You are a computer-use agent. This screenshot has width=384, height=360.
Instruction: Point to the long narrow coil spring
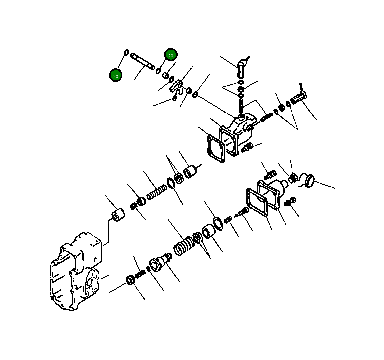[x=157, y=192]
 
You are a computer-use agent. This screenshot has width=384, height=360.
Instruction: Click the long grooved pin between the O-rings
[x=143, y=61]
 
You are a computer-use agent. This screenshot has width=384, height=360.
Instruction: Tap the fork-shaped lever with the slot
[x=177, y=87]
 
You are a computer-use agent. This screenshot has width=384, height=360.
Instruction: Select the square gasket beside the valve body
[x=216, y=149]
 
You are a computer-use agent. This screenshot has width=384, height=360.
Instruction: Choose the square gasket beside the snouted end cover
[x=257, y=202]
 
